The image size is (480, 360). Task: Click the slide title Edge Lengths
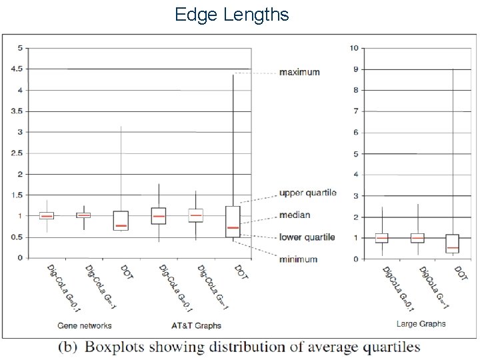coord(231,14)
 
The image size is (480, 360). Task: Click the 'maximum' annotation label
coord(299,72)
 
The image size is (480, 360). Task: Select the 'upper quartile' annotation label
coord(307,193)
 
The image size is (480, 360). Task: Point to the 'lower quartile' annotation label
coord(307,237)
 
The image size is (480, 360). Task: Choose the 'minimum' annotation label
coord(298,259)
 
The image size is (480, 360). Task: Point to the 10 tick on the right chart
coord(355,48)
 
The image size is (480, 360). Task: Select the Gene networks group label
coord(85,325)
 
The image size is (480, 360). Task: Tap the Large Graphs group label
coord(421,324)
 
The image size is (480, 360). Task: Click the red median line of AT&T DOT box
coord(233,228)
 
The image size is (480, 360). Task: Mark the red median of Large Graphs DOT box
coord(452,248)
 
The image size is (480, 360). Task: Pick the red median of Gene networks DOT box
coord(121,226)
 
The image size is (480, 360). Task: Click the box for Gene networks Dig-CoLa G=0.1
coord(47,215)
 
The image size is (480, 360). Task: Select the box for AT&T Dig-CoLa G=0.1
coord(158,216)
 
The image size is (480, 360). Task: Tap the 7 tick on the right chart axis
coord(357,111)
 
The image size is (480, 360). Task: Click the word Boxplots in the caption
coord(123,347)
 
